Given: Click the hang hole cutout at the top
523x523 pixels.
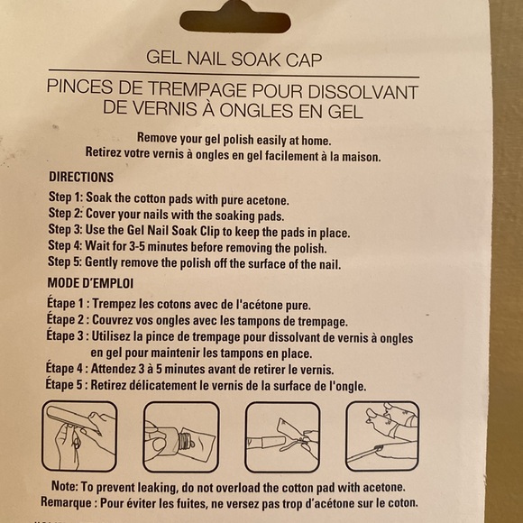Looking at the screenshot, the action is [x=235, y=20].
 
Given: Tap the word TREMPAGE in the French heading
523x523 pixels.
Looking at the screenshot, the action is [x=197, y=89].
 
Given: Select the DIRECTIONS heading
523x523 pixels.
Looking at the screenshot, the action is [x=81, y=177].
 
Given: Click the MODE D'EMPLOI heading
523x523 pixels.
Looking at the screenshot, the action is [x=90, y=283].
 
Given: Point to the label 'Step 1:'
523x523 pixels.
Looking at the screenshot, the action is [x=65, y=197].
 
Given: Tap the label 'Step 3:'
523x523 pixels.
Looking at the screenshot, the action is [x=65, y=229].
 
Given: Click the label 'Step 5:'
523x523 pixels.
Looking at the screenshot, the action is [x=64, y=261].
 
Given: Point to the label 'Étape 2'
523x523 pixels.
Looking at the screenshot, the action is [x=65, y=319].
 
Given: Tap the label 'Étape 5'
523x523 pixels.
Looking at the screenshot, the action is [x=64, y=384].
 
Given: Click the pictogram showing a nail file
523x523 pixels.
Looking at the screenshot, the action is [x=79, y=436].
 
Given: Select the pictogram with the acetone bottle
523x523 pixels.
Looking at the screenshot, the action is [x=181, y=437].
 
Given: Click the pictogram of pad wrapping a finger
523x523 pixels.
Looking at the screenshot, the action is [x=282, y=437].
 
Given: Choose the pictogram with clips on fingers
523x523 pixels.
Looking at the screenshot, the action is [x=382, y=436].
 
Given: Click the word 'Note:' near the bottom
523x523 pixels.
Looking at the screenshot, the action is [x=64, y=486].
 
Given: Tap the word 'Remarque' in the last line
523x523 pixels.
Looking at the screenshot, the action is [x=66, y=502].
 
